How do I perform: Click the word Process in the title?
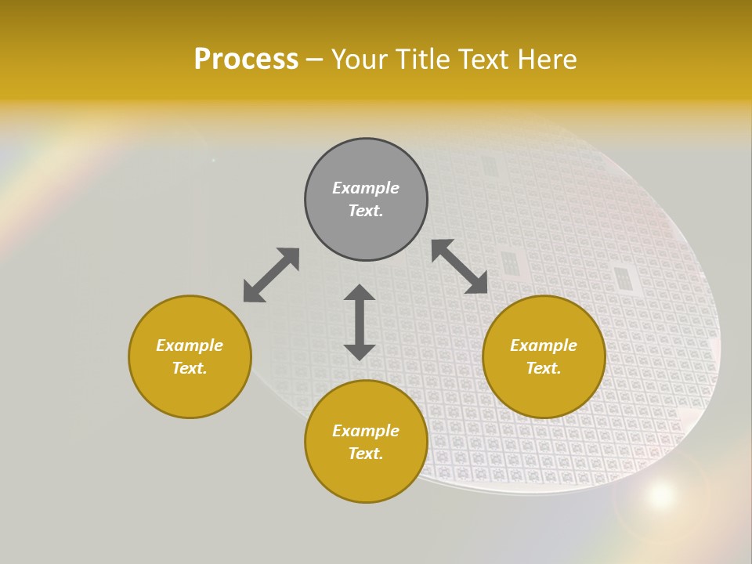click(x=246, y=60)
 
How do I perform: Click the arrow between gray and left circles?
click(x=271, y=275)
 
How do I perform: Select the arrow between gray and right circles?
click(x=460, y=266)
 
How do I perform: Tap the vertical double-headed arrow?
click(x=360, y=322)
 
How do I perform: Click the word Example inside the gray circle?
click(x=366, y=188)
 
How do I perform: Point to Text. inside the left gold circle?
click(x=190, y=368)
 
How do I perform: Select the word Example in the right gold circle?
click(x=544, y=345)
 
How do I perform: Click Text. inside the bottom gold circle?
click(x=366, y=454)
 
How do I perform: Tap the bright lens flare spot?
click(x=661, y=494)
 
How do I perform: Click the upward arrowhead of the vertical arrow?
click(x=360, y=293)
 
